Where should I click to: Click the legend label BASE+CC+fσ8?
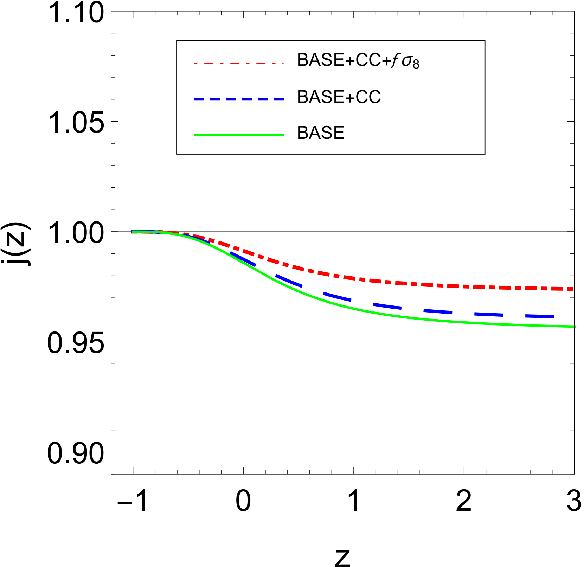click(x=358, y=60)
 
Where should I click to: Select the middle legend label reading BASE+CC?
click(x=339, y=97)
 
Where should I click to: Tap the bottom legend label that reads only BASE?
click(x=320, y=133)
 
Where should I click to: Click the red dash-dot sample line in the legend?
click(x=239, y=64)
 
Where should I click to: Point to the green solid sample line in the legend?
click(x=239, y=135)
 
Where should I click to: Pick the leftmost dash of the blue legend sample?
click(x=199, y=99)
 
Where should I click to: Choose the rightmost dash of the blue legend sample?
click(x=279, y=99)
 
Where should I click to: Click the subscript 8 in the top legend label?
click(x=416, y=64)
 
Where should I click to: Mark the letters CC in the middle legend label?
click(x=368, y=97)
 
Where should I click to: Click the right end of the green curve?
click(x=575, y=327)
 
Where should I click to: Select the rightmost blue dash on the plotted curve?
click(x=539, y=316)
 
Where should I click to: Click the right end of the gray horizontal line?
click(x=573, y=232)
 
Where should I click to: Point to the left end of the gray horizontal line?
click(x=112, y=232)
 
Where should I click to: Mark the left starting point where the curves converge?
click(x=133, y=232)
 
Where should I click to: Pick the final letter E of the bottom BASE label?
click(x=339, y=133)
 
